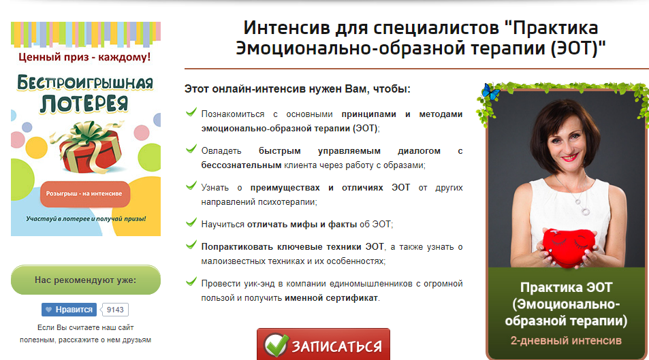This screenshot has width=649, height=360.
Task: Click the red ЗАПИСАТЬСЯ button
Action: (x=323, y=344)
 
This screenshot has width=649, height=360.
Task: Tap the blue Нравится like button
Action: (x=69, y=310)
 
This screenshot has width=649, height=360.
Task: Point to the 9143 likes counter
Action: (x=115, y=310)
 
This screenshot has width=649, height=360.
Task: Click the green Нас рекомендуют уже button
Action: (x=86, y=280)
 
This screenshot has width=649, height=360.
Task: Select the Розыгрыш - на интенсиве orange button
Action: (x=85, y=194)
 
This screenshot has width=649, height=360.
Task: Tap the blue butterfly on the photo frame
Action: (x=491, y=91)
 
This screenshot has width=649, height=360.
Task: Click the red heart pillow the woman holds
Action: (x=569, y=247)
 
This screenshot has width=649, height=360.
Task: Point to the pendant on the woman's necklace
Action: (x=586, y=212)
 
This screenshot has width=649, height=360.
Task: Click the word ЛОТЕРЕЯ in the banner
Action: (x=84, y=103)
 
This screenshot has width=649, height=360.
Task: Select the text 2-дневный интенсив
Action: (x=566, y=340)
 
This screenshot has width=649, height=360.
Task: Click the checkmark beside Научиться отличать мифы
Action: (x=191, y=223)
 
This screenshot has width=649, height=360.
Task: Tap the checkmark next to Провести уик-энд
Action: (x=191, y=282)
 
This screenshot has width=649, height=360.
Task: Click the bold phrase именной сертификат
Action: (x=331, y=298)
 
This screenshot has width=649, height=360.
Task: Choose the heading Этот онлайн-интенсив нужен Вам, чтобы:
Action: (x=297, y=89)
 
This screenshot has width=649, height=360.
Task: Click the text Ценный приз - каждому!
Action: (x=85, y=56)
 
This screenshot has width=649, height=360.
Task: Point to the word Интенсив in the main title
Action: (x=287, y=28)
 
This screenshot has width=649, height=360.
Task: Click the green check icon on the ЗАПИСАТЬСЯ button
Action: (x=276, y=345)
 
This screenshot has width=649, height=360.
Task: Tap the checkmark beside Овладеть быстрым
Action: (x=191, y=149)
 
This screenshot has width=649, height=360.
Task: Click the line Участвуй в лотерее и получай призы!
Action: (x=86, y=218)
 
